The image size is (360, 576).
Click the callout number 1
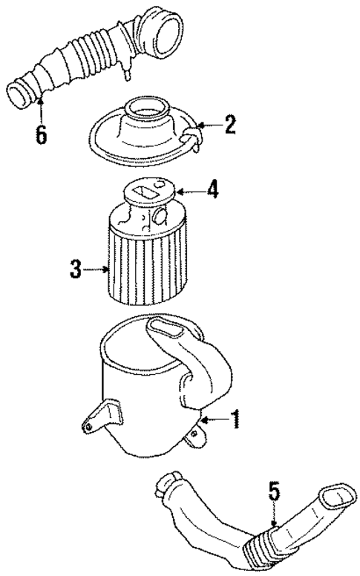(235, 422)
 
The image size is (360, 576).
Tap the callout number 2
(231, 124)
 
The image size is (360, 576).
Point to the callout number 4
(213, 191)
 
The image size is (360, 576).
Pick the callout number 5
(274, 491)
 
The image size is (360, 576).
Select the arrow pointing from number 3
(96, 269)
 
